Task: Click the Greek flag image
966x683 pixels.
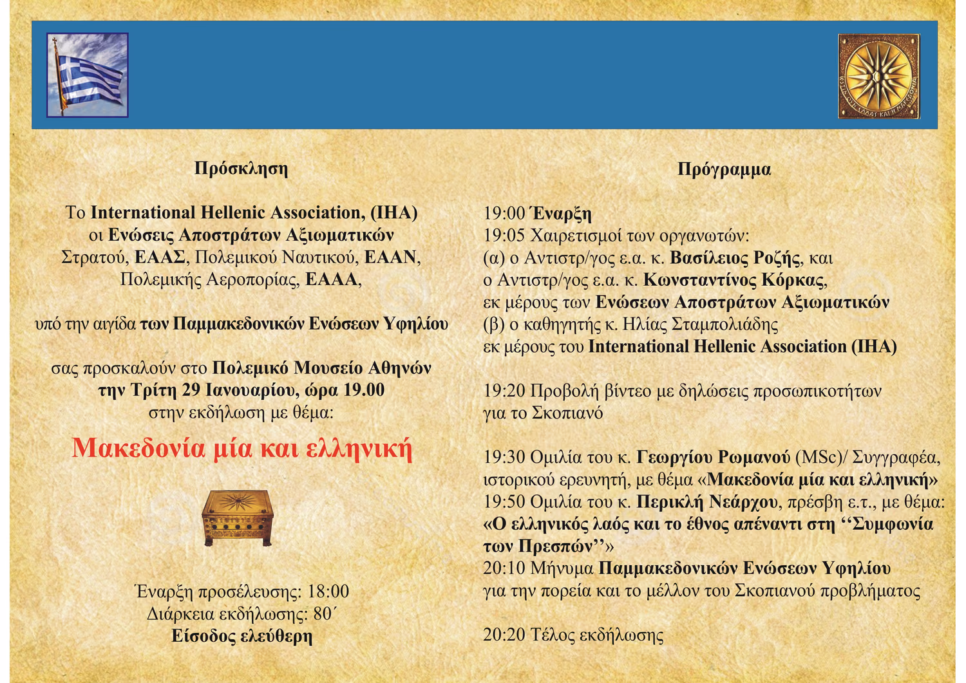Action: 88,75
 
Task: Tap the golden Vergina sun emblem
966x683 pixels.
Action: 878,77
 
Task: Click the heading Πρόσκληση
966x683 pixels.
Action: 241,168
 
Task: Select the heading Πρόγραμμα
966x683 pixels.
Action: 724,169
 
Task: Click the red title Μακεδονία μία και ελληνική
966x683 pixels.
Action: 242,449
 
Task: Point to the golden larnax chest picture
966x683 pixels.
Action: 238,518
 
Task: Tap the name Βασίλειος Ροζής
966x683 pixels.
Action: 734,258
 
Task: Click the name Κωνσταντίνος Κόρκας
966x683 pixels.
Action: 734,280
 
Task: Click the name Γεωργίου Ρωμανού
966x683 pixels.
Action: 713,457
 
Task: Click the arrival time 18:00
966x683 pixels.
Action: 328,592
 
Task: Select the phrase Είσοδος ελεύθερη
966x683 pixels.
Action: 242,636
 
